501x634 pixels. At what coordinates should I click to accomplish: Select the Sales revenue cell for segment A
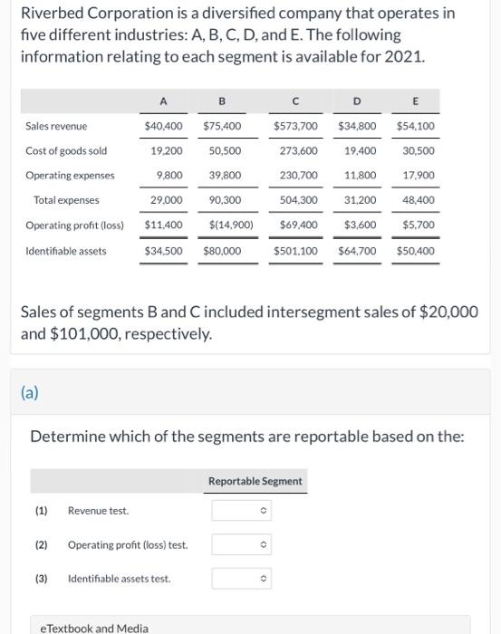coord(163,126)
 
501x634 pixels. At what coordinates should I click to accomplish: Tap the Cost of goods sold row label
coord(66,150)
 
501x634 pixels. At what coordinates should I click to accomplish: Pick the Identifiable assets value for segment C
coord(295,250)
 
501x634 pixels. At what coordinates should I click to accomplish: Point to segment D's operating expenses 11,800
coord(361,175)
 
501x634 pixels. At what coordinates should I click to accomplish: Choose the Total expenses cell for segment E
coord(419,200)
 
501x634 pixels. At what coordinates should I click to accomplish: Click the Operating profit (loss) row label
coord(74,225)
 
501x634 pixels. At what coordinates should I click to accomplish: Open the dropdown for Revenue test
coord(242,511)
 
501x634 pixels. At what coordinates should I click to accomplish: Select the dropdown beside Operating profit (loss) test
coord(242,544)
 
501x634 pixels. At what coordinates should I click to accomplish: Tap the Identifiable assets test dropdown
coord(242,578)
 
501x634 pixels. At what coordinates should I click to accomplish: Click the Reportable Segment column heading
coord(255,481)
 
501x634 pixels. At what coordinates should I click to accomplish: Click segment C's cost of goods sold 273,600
coord(299,150)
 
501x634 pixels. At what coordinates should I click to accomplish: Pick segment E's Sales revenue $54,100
coord(415,126)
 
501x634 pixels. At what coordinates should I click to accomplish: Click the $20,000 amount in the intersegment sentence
coord(448,312)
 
